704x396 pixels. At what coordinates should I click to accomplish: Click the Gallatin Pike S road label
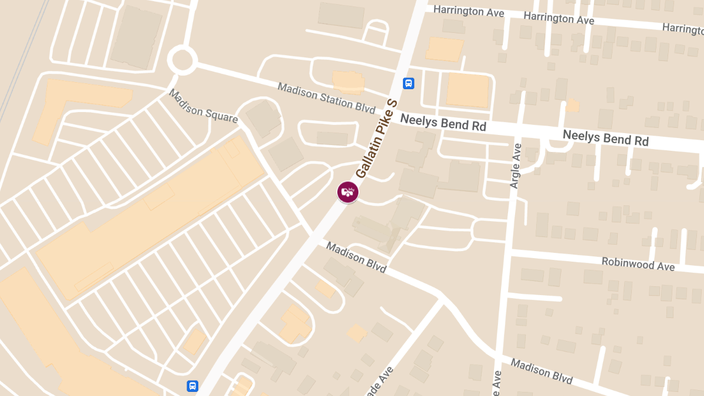[377, 139]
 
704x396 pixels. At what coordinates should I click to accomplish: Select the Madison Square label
[203, 106]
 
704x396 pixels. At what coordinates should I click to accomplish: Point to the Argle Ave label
[516, 166]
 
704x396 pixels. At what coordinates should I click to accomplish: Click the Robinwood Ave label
[638, 264]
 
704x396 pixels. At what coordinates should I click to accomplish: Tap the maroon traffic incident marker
[347, 192]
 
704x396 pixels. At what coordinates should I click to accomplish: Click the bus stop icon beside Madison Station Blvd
[409, 83]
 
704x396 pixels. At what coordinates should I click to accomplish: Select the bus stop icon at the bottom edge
[192, 386]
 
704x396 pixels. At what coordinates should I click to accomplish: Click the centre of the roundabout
[182, 59]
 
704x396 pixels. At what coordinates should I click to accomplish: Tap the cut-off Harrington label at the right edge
[683, 28]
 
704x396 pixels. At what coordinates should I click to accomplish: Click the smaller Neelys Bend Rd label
[443, 122]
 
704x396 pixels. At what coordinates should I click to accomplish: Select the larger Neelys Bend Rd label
[605, 138]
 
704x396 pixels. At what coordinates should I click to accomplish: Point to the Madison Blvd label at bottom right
[541, 371]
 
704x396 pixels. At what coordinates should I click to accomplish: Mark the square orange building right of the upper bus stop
[468, 90]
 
